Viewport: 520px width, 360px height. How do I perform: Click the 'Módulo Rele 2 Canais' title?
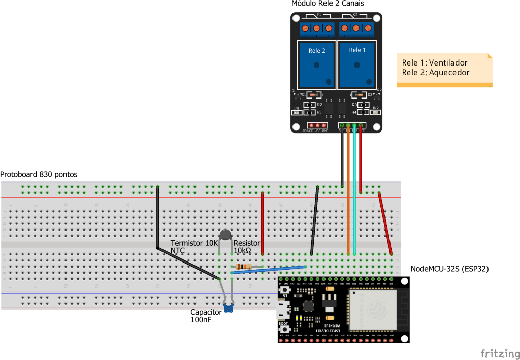(x=327, y=4)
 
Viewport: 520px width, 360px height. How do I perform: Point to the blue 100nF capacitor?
(x=228, y=307)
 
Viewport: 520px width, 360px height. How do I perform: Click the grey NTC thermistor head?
(x=225, y=234)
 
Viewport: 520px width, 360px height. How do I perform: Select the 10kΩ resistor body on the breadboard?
(x=244, y=267)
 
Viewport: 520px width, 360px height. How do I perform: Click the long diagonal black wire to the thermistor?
(x=188, y=263)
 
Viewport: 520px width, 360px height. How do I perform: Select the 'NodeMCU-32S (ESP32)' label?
(x=449, y=269)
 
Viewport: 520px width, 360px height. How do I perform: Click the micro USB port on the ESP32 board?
(x=282, y=309)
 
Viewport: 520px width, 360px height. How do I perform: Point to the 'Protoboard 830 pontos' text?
(x=39, y=174)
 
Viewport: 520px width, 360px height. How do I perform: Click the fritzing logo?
(x=500, y=353)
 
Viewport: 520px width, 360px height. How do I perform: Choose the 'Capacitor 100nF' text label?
(x=206, y=316)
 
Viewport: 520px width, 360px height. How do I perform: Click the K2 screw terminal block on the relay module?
(x=356, y=28)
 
